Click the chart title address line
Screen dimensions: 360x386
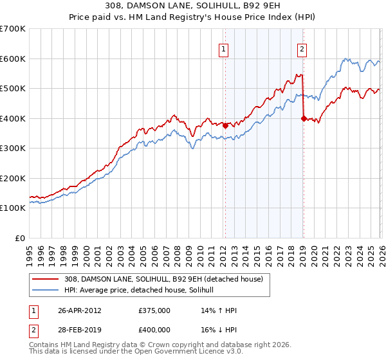(192, 6)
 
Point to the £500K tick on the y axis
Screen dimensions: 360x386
(13, 88)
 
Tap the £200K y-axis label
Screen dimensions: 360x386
(13, 178)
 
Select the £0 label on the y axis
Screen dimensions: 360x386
(21, 238)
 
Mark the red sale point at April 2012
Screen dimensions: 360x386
(225, 126)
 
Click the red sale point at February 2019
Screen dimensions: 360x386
(303, 118)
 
